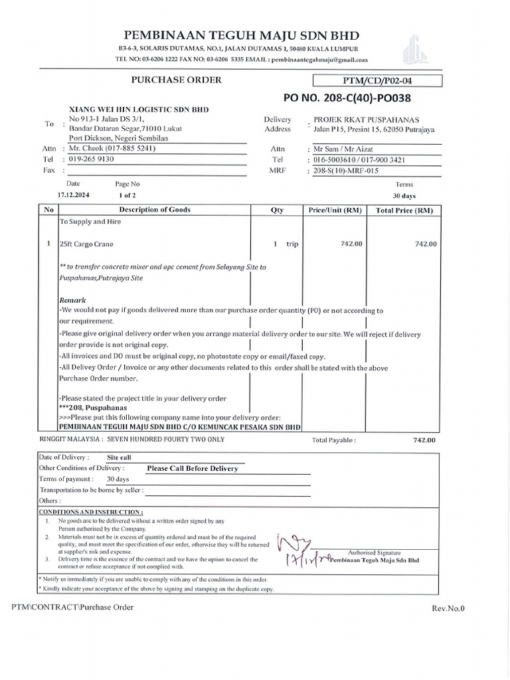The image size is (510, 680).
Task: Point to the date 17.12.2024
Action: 73,196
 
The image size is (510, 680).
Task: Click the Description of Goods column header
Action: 154,210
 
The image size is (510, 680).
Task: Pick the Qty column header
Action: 277,210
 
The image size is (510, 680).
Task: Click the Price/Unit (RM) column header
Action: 335,210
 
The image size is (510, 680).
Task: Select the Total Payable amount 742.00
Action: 424,440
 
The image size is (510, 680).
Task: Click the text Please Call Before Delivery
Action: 192,468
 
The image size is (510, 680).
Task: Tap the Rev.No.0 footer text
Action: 448,608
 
